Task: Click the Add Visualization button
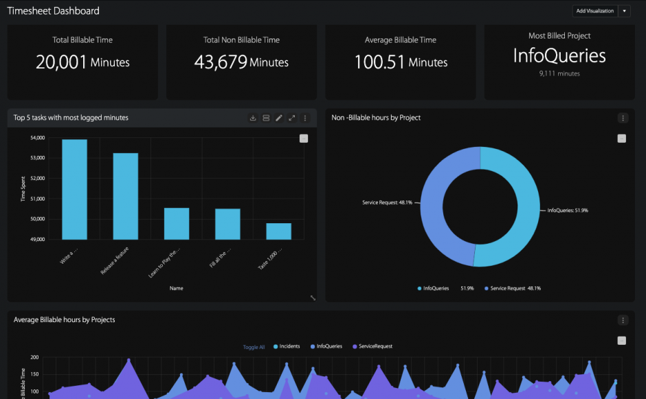[594, 11]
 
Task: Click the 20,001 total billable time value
[62, 62]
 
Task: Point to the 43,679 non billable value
[221, 62]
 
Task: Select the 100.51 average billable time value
[379, 62]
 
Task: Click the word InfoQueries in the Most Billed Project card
[559, 56]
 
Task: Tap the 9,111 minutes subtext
[559, 73]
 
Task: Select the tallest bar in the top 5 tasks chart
[74, 190]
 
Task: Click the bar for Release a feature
[125, 196]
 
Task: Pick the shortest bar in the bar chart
[278, 231]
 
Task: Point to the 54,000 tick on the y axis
[37, 138]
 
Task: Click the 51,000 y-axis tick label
[37, 199]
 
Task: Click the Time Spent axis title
[23, 189]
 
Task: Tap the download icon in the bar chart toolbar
[253, 118]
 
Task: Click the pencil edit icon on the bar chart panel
[279, 118]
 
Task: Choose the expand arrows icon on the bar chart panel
[292, 118]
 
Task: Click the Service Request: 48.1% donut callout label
[387, 203]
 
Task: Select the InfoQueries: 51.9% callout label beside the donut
[568, 210]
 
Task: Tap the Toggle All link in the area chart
[254, 347]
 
